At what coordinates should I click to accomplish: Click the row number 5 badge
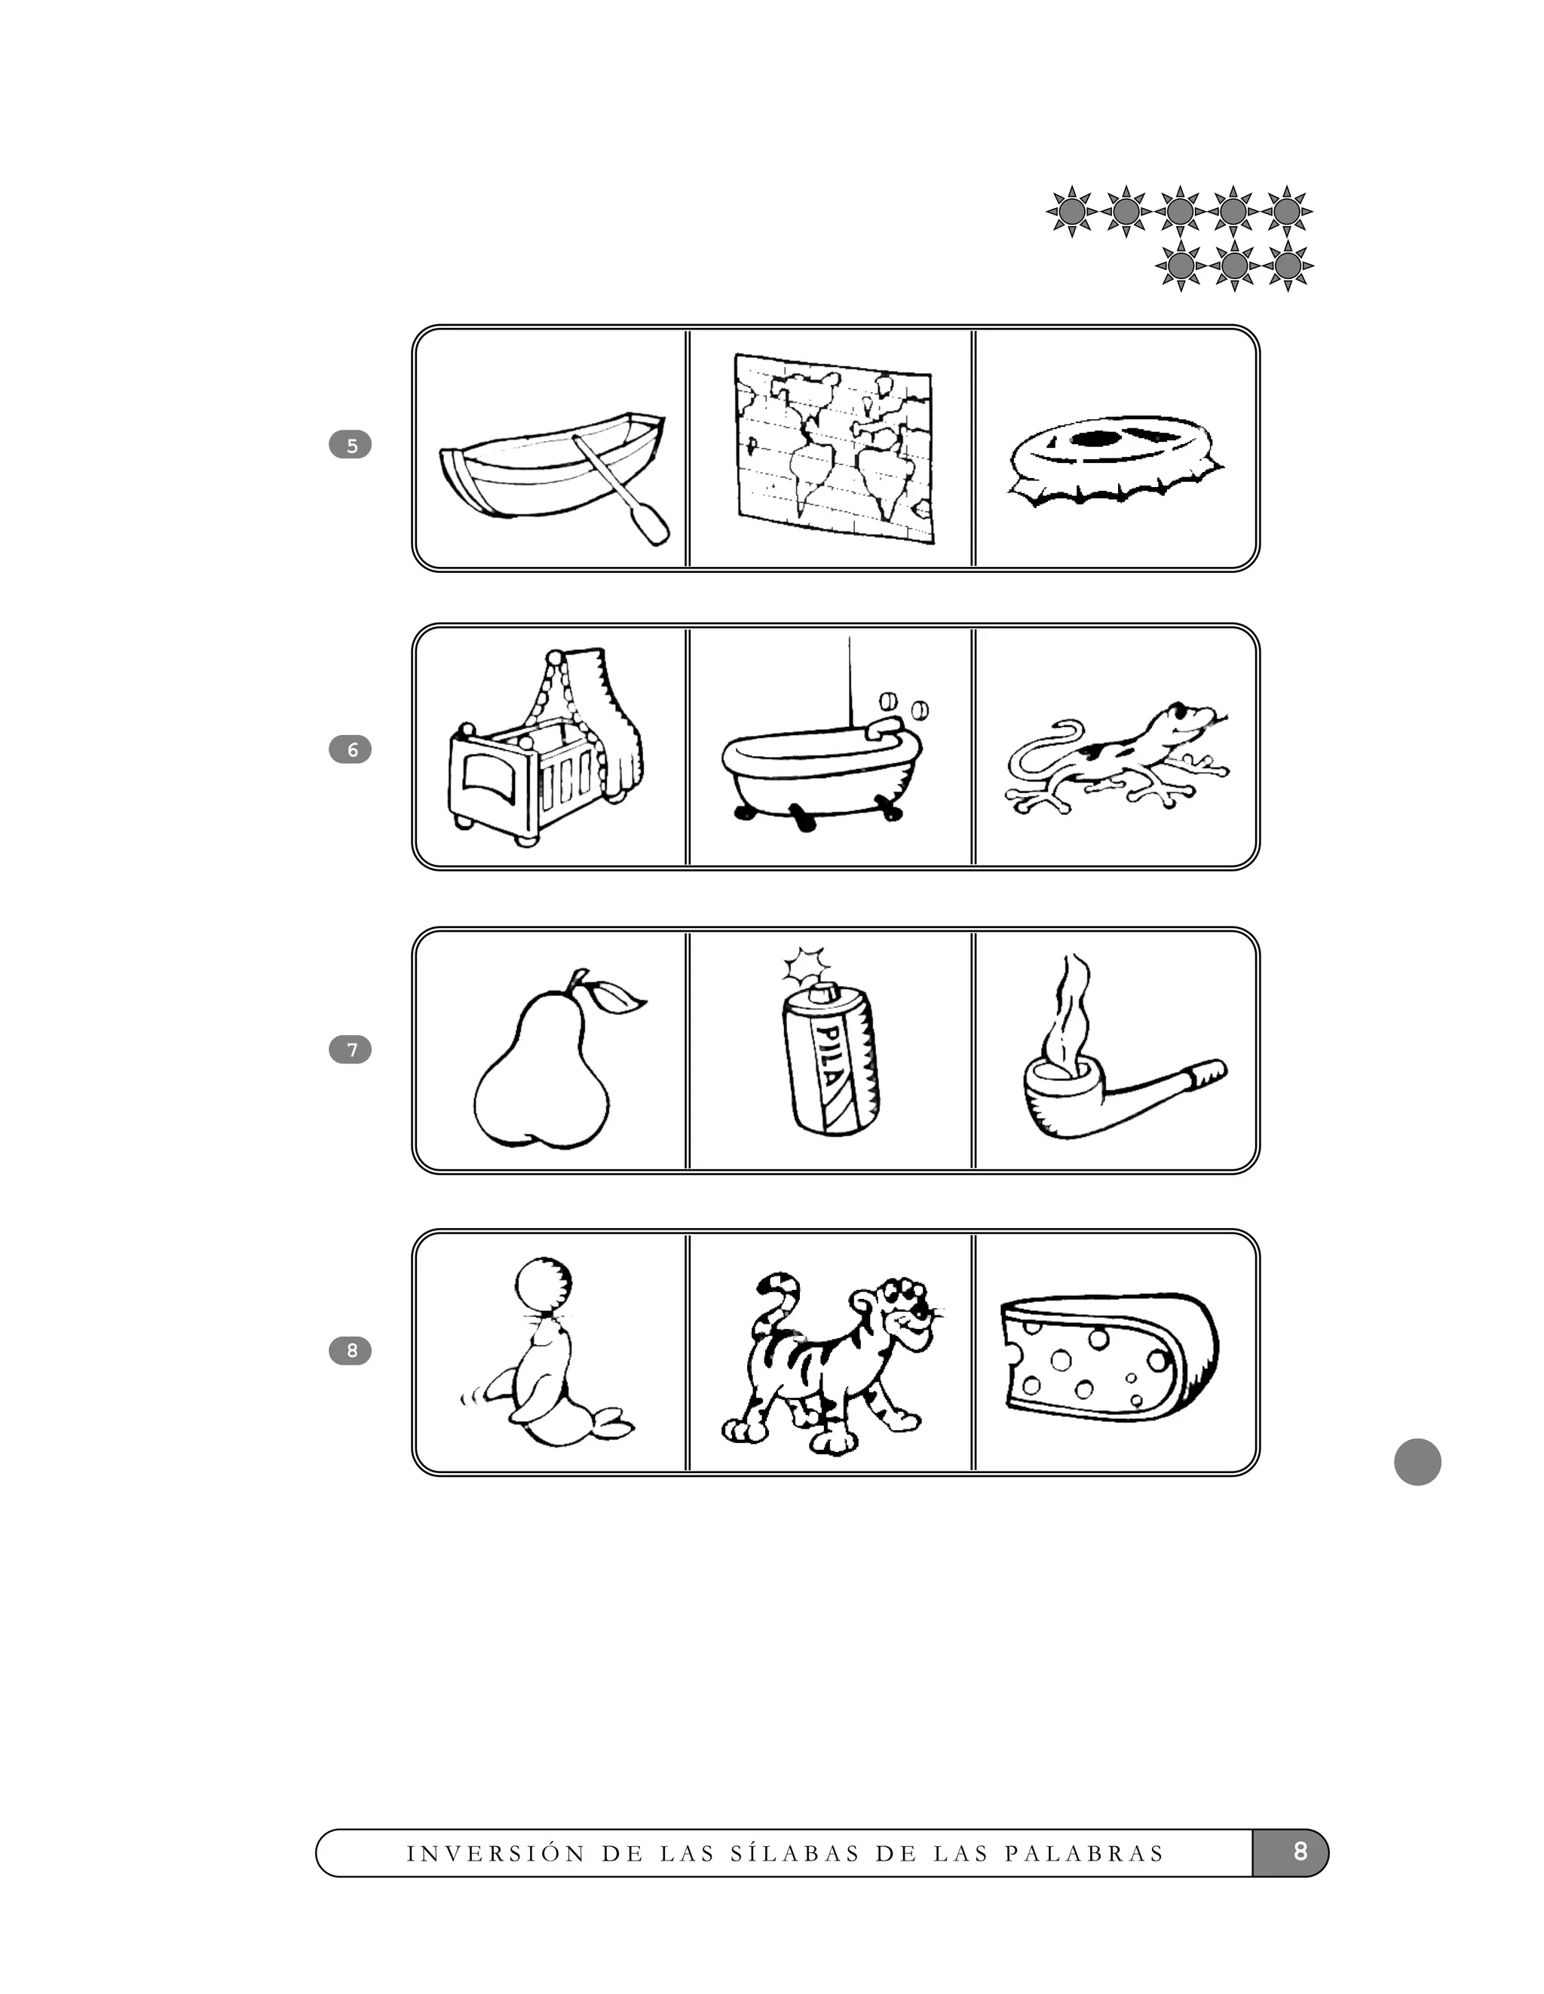pyautogui.click(x=350, y=446)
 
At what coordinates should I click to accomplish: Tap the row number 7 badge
pyautogui.click(x=350, y=1050)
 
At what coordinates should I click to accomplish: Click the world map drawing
pyautogui.click(x=833, y=447)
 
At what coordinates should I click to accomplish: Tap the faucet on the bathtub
pyautogui.click(x=884, y=727)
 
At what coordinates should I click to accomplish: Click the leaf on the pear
pyautogui.click(x=618, y=999)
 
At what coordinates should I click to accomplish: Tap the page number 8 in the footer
pyautogui.click(x=1299, y=1851)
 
